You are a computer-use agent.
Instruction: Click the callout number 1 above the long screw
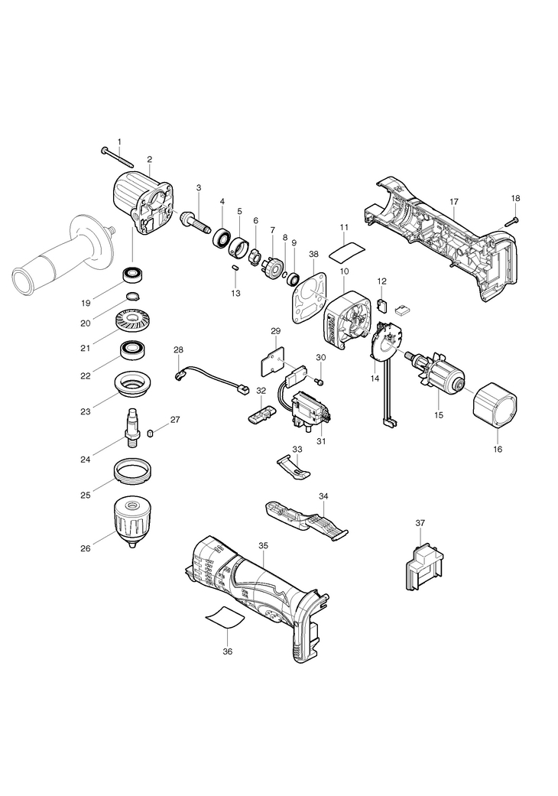click(x=120, y=141)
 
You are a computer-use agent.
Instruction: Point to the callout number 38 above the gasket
click(x=313, y=254)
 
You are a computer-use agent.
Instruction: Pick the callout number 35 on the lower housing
click(x=263, y=546)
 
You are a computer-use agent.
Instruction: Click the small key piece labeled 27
click(x=150, y=432)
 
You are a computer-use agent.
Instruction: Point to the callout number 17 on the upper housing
click(x=453, y=202)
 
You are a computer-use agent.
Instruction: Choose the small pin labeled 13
click(x=235, y=267)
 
